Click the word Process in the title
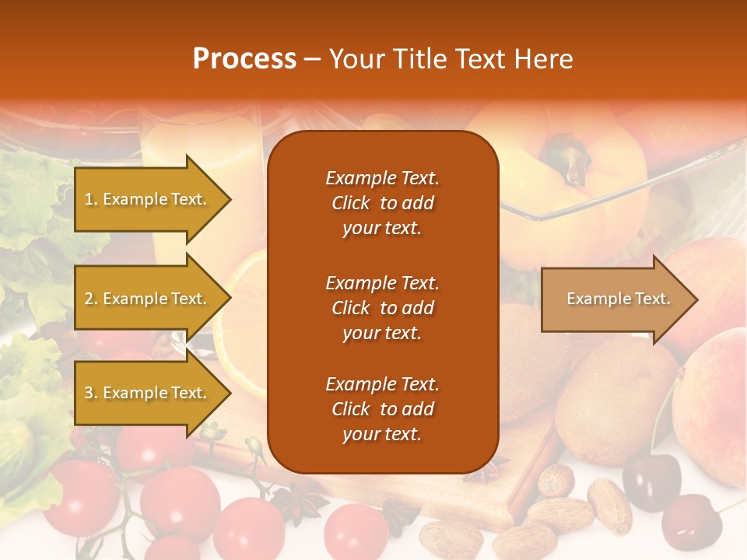coord(244,59)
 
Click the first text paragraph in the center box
coord(382,203)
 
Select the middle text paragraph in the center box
coord(382,308)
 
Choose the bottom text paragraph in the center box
coord(382,409)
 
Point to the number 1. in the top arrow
coord(90,199)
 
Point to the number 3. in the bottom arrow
coord(90,393)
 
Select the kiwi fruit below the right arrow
coord(615,397)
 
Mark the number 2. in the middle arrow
coord(90,299)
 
